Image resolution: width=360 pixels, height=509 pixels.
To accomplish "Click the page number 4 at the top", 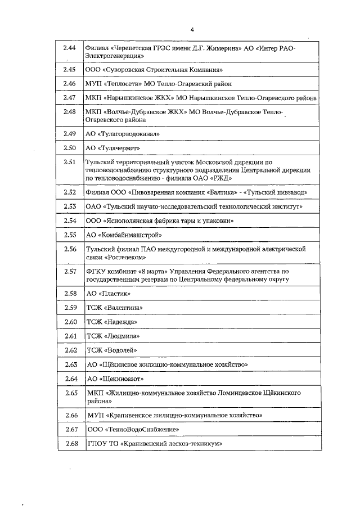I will pos(192,30).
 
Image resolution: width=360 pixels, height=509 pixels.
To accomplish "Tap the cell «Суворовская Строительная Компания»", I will pos(154,69).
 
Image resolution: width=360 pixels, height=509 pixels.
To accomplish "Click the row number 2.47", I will pos(70,97).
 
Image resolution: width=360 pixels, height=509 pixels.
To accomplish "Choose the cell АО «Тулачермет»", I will pos(112,148).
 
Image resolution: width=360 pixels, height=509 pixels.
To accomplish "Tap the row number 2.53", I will pos(70,206).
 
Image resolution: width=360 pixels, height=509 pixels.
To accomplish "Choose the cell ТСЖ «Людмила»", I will pos(112,336).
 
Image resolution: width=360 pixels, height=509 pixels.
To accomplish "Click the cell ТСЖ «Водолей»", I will pos(111,350).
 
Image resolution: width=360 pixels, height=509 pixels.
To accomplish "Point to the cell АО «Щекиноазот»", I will pos(114,379).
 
